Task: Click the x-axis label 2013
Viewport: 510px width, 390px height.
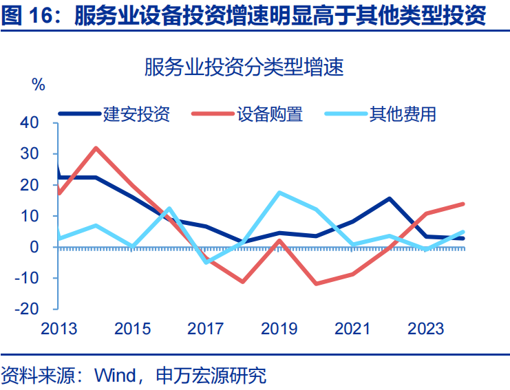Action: pyautogui.click(x=59, y=329)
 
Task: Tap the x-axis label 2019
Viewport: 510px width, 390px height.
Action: pyautogui.click(x=279, y=329)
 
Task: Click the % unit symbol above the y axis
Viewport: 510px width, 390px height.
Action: pyautogui.click(x=39, y=85)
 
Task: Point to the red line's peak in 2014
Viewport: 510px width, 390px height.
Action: pyautogui.click(x=96, y=148)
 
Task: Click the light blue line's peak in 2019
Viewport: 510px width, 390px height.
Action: pyautogui.click(x=279, y=193)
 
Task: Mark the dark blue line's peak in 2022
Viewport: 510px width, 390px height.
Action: pyautogui.click(x=390, y=199)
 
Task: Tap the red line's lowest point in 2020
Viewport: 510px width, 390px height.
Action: pyautogui.click(x=316, y=284)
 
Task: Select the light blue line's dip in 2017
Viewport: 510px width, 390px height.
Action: pyautogui.click(x=206, y=262)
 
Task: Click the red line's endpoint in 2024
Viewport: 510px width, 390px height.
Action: pyautogui.click(x=463, y=204)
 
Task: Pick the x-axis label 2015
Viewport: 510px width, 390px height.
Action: pyautogui.click(x=132, y=329)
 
